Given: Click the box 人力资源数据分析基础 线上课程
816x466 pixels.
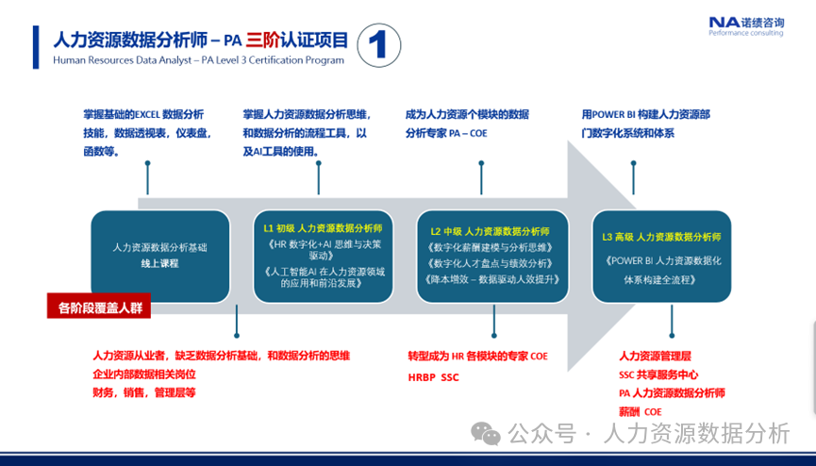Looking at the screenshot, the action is [x=159, y=256].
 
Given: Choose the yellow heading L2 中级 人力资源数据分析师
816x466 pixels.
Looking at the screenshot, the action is [x=491, y=231].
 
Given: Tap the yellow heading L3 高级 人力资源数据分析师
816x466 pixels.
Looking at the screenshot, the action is [x=660, y=237].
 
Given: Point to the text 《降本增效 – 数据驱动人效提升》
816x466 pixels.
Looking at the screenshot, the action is [x=492, y=279].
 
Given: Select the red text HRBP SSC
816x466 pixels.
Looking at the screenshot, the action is [x=433, y=376].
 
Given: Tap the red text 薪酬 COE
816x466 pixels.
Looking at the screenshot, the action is [x=641, y=412].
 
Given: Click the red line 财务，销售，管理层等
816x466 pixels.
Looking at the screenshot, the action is [x=144, y=392].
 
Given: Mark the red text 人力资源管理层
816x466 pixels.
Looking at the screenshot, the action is [x=656, y=357].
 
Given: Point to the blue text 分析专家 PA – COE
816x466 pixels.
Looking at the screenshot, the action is [x=446, y=134].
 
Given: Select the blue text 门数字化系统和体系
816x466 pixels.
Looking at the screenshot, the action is [x=628, y=133].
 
